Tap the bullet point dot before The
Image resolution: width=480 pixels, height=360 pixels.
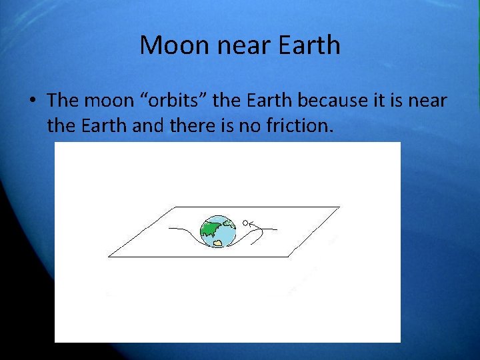pos(32,101)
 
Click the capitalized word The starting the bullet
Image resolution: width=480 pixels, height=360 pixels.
pos(63,101)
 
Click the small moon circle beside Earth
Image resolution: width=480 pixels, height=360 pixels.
pos(245,223)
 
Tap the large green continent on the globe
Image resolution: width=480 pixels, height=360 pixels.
pos(212,227)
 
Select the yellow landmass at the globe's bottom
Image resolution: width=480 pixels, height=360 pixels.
pos(217,243)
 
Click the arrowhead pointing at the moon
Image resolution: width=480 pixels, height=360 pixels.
pos(252,223)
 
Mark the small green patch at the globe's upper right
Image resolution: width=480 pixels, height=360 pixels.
pos(227,222)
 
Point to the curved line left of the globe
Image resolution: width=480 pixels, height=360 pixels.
pos(183,232)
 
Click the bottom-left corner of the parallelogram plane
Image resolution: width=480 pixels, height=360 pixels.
pos(109,256)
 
